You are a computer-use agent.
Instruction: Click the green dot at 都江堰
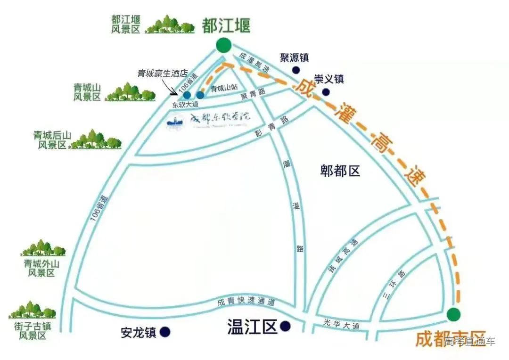click(x=224, y=46)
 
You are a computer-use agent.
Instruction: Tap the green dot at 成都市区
click(x=454, y=314)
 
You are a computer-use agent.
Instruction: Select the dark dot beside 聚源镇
click(x=296, y=70)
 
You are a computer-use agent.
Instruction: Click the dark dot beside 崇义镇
click(x=326, y=92)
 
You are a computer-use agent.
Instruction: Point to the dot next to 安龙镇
click(x=164, y=332)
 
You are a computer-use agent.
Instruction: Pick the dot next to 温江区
click(x=285, y=326)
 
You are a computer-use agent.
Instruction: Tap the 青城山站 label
click(x=223, y=88)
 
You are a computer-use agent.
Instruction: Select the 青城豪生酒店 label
click(x=163, y=74)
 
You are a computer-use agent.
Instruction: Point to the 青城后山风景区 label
click(x=52, y=140)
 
